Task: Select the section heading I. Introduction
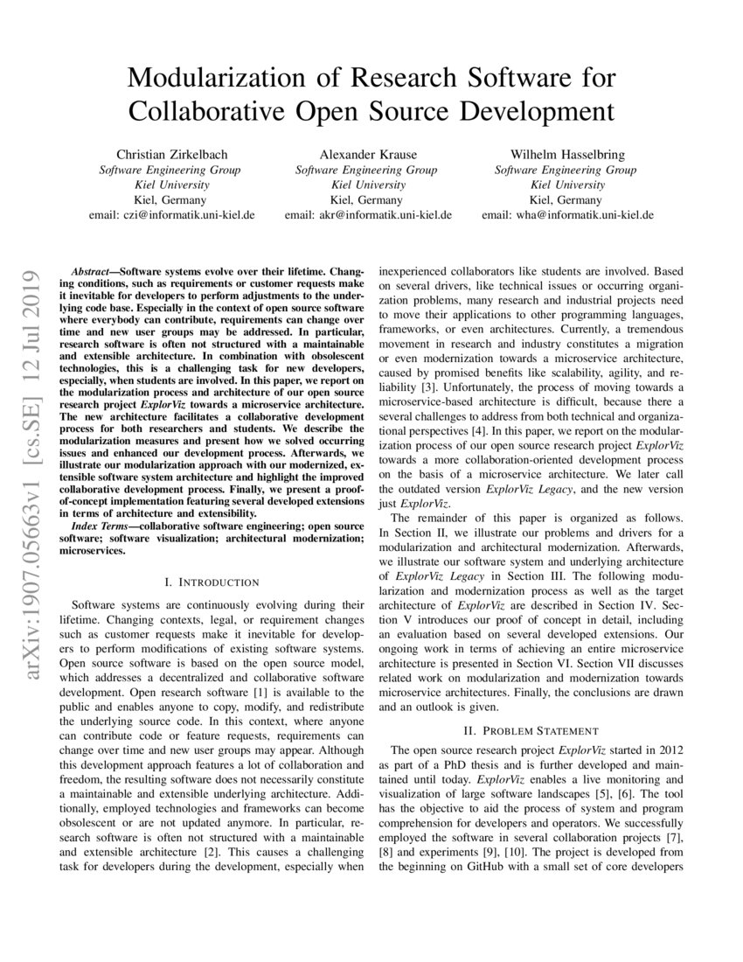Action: [212, 582]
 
